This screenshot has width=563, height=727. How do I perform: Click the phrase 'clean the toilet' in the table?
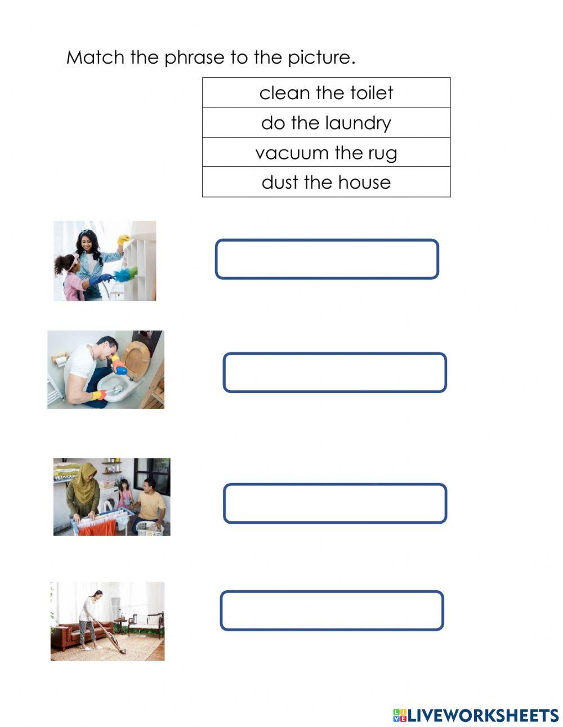click(x=326, y=93)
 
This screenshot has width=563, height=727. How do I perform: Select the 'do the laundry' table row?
click(x=326, y=123)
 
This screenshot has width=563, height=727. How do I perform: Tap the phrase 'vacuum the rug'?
click(x=326, y=153)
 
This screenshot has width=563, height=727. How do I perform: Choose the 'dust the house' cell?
click(x=326, y=182)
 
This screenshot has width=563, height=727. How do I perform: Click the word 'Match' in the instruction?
click(x=95, y=57)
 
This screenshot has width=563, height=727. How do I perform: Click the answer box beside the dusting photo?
click(x=327, y=259)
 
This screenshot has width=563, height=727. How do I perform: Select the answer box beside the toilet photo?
click(x=334, y=372)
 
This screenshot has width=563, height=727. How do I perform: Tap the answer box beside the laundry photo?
click(x=334, y=503)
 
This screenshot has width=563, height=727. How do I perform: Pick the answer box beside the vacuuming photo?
click(x=332, y=610)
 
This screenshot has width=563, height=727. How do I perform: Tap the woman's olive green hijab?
click(x=85, y=484)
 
